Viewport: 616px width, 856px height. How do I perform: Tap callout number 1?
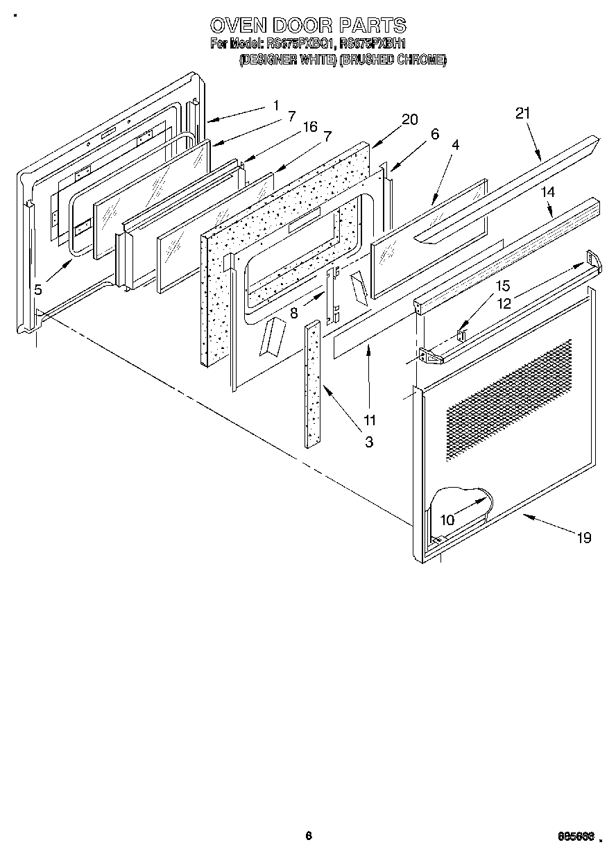pos(275,106)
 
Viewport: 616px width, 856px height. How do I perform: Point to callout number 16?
pos(309,126)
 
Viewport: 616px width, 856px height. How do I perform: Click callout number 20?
pos(409,119)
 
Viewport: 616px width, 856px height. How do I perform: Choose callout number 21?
pos(523,113)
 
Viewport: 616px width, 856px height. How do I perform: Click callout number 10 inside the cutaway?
pos(447,519)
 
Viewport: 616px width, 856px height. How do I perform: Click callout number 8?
pos(294,312)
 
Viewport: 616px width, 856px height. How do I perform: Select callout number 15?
pos(502,286)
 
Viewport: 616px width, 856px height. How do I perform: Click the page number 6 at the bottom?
pos(308,835)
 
